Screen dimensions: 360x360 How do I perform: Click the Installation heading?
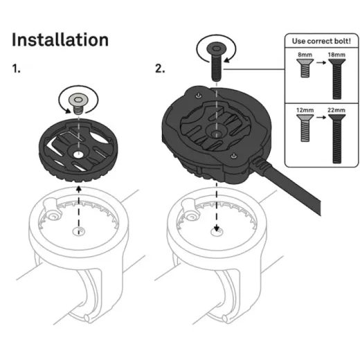60,39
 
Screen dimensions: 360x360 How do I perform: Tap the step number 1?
16,69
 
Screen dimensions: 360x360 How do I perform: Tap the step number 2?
160,69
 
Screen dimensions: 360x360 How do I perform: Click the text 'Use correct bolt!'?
321,41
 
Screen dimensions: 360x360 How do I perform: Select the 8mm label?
305,55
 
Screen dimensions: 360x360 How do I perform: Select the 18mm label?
336,55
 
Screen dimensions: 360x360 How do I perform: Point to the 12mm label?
305,110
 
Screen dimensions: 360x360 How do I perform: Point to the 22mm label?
336,110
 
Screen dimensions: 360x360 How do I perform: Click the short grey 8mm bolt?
305,68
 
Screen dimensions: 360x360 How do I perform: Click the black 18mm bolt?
337,79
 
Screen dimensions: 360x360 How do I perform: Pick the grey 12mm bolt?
305,128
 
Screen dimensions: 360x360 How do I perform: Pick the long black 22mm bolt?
337,138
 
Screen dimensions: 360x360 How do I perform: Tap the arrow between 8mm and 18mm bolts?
321,62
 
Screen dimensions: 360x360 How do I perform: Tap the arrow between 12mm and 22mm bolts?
321,117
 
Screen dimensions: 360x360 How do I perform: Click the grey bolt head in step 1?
78,99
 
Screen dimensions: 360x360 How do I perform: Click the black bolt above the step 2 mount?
216,62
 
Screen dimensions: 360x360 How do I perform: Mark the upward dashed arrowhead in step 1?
79,189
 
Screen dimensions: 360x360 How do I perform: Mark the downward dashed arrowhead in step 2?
216,228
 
